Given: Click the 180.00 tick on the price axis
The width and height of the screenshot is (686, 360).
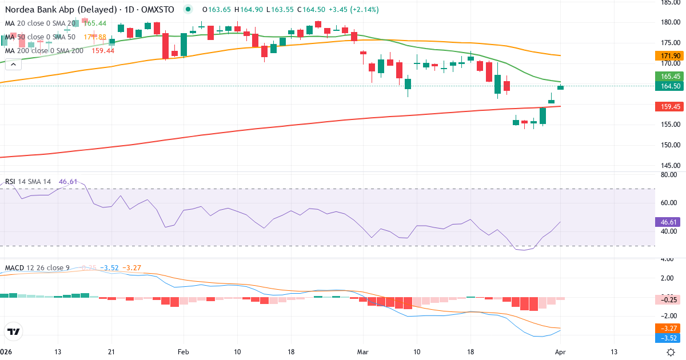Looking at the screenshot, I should [669, 22].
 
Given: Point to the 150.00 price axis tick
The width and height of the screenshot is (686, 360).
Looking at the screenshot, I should [669, 145].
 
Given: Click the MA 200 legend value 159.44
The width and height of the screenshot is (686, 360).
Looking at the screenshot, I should [102, 50].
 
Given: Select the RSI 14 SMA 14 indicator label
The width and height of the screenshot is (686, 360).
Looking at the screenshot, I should [28, 181].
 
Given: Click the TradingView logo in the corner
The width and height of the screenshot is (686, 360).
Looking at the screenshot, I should [13, 331].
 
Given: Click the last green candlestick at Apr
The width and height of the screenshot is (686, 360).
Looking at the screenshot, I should [561, 87].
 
